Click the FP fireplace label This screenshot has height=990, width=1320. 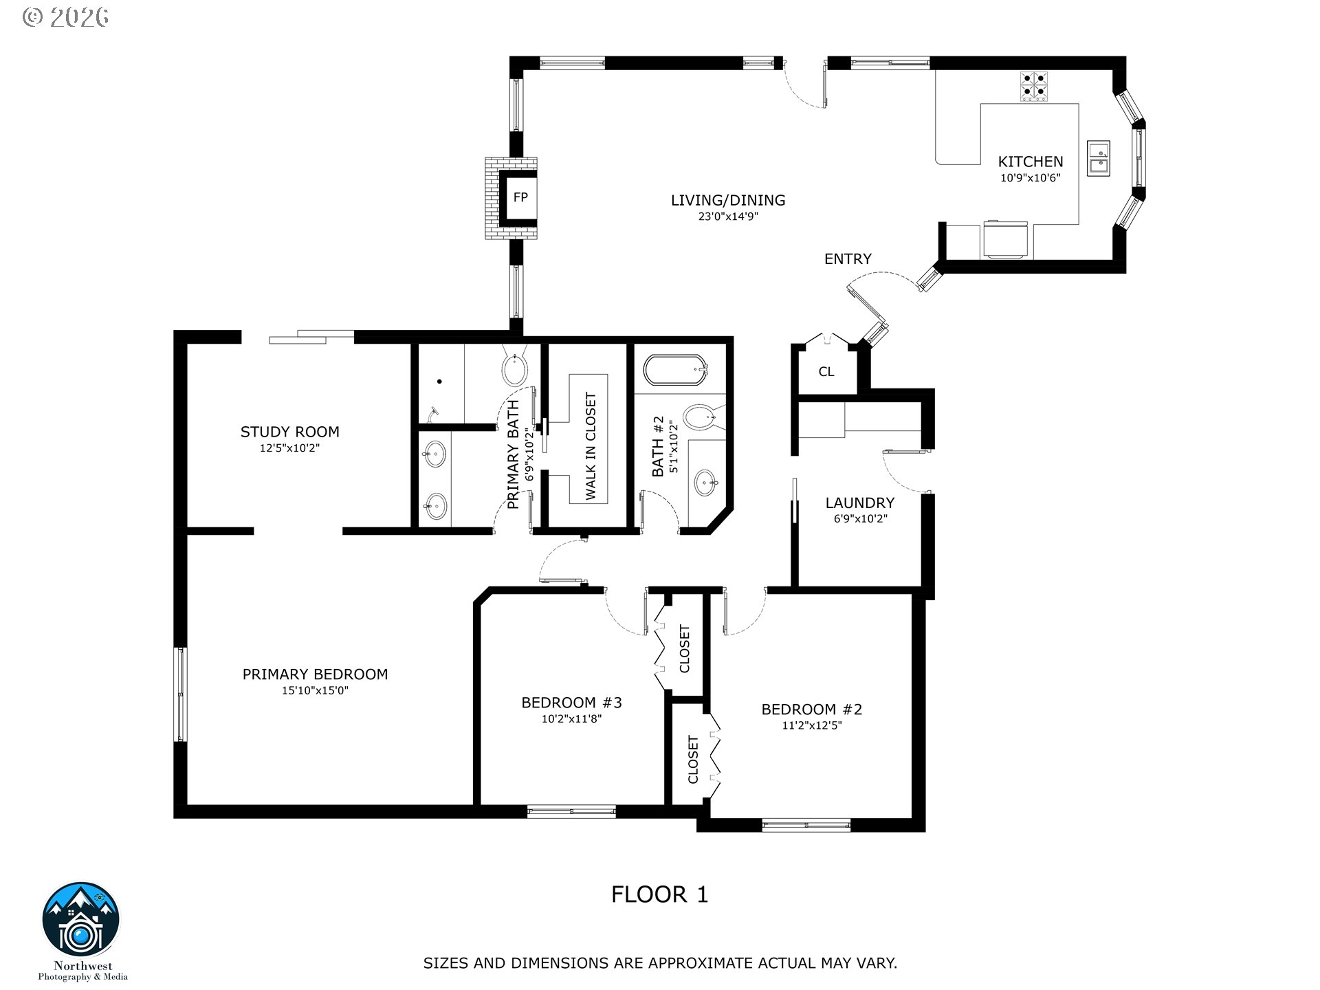(x=520, y=197)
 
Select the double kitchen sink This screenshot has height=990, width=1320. (x=1099, y=159)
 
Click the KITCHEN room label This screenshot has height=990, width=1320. (x=1030, y=162)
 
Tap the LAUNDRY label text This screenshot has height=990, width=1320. (x=860, y=503)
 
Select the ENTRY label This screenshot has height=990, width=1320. (x=848, y=258)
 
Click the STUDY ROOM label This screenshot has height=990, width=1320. (x=289, y=432)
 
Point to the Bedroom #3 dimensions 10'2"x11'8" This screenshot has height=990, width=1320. (x=571, y=719)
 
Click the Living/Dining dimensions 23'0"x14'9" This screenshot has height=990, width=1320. (x=728, y=217)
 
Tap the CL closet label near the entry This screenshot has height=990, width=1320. (x=826, y=372)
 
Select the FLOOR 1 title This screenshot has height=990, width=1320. (x=659, y=894)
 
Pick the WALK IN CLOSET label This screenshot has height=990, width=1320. (x=591, y=446)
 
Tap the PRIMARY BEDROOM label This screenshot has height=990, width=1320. (x=315, y=674)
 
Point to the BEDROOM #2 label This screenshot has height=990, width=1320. (x=811, y=709)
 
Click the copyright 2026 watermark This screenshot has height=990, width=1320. (x=65, y=17)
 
